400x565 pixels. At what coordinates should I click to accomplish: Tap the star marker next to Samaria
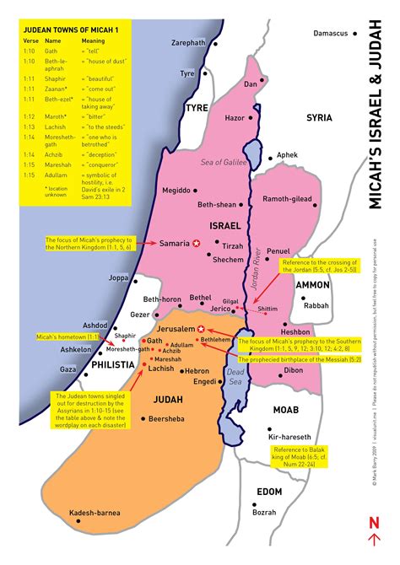point(196,243)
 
